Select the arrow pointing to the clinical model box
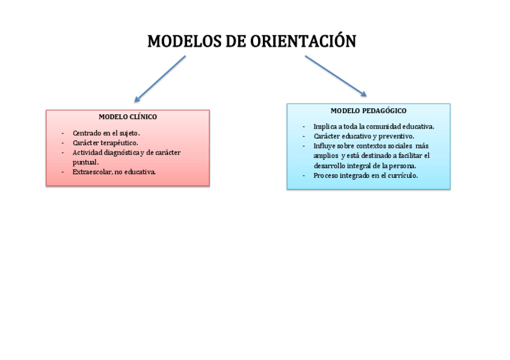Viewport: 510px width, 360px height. point(160,79)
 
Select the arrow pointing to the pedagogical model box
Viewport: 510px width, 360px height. point(336,76)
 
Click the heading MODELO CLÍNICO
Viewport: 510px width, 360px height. point(127,117)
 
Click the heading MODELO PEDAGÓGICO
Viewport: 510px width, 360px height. point(368,111)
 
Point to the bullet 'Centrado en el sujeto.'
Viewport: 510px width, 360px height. point(106,133)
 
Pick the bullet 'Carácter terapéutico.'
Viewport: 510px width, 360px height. point(105,143)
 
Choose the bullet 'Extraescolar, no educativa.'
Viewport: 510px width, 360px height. point(114,172)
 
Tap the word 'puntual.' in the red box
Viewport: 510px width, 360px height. point(85,162)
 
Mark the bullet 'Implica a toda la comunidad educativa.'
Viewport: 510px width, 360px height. point(373,127)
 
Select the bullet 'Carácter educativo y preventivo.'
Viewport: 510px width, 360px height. point(363,136)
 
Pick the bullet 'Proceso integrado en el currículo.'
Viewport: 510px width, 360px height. point(365,175)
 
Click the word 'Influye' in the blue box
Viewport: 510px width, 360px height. point(324,146)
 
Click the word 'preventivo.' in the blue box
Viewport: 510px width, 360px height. point(396,136)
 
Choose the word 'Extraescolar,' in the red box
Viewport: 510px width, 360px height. point(92,172)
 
